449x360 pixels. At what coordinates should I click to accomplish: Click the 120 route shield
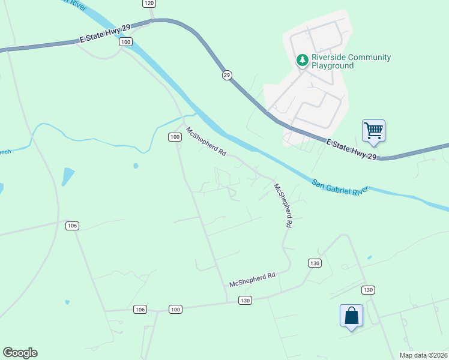click(x=149, y=3)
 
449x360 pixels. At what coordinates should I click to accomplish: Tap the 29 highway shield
click(x=226, y=74)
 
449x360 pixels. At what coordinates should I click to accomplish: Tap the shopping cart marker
click(x=373, y=130)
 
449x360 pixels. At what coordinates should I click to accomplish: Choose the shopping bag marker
click(x=351, y=316)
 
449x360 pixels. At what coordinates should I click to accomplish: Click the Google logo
click(x=20, y=353)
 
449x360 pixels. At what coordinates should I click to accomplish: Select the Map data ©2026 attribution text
click(x=423, y=355)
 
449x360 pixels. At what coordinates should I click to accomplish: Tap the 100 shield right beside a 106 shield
click(x=175, y=309)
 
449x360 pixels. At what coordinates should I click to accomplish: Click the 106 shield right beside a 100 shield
click(x=140, y=309)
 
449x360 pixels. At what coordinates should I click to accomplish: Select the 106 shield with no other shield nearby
click(x=72, y=226)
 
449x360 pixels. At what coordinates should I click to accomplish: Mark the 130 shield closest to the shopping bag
click(x=368, y=290)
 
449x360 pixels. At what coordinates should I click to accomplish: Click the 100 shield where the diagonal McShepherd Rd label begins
click(x=174, y=137)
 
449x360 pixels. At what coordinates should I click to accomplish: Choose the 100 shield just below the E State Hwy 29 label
click(x=125, y=41)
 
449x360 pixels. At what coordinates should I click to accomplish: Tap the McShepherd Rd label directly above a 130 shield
click(x=252, y=279)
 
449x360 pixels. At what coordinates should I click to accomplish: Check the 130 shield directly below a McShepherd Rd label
click(x=244, y=300)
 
